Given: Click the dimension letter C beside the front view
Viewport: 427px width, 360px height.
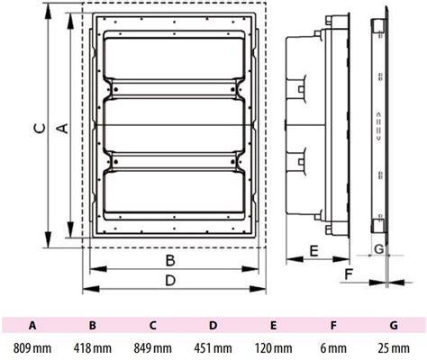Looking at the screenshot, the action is pos(40,128).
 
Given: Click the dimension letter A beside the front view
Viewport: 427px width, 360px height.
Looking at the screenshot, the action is pos(62,128).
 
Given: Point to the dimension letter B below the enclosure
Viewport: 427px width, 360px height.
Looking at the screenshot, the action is pos(170,260).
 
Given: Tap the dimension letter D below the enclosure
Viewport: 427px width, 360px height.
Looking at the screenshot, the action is pos(170,281).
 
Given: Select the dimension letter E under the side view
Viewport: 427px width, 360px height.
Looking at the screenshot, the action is pos(313,251).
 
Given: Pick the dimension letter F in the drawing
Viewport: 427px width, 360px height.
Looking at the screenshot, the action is pos(348,274).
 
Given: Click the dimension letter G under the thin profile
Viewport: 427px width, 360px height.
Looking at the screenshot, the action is pos(379,248).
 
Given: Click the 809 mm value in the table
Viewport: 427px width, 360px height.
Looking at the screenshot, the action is pos(32,348).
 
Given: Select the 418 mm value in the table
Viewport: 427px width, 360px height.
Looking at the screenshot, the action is pos(93,348).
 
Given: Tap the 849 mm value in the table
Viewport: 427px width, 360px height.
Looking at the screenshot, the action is pos(153,348).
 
